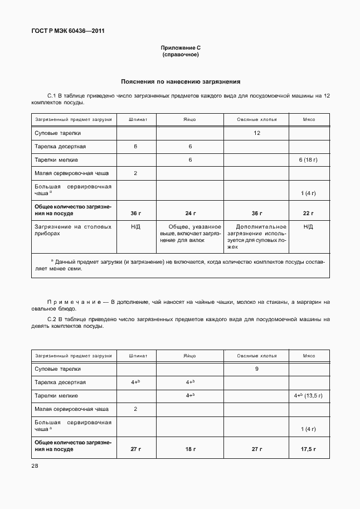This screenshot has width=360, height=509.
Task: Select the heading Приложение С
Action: (x=180, y=49)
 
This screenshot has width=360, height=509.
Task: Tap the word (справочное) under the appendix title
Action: (x=180, y=55)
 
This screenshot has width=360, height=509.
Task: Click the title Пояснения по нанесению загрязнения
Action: (x=180, y=81)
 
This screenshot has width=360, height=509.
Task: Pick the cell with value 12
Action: (x=256, y=133)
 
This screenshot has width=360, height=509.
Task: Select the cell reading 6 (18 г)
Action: (x=308, y=160)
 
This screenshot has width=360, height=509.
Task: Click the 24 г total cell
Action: (x=190, y=214)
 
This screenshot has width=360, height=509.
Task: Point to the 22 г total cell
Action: (x=308, y=214)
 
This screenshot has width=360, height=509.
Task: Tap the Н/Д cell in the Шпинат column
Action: (x=135, y=227)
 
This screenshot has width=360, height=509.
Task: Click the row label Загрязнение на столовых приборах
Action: (x=73, y=231)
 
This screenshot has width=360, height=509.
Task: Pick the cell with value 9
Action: (x=256, y=369)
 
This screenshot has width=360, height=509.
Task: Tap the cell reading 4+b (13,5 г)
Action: (x=308, y=395)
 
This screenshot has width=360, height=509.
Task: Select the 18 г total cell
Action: (x=190, y=449)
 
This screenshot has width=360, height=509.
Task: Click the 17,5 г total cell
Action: (x=308, y=449)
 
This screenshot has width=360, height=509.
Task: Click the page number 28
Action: (x=35, y=464)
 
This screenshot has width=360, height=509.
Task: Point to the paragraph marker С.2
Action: (x=52, y=319)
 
